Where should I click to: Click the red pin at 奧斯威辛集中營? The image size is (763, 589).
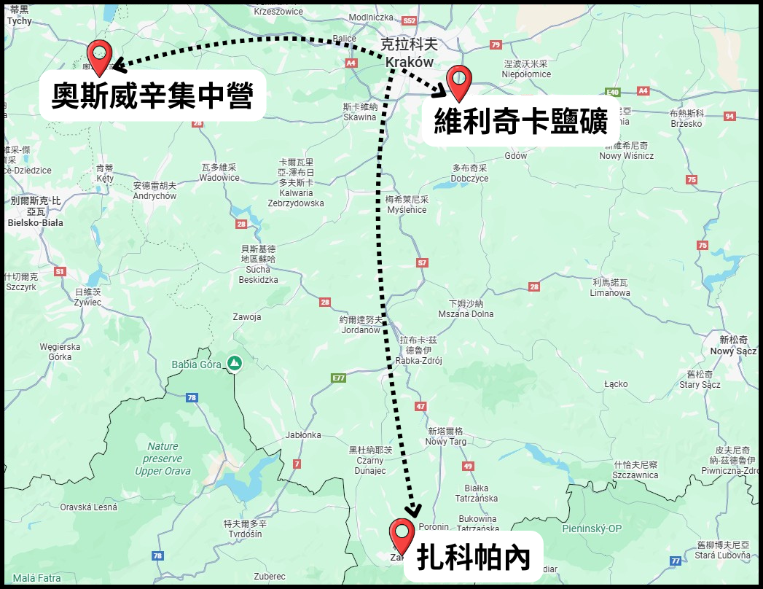[x=98, y=56]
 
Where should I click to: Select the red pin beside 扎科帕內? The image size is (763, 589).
[x=401, y=533]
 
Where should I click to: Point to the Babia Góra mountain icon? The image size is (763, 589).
[x=234, y=363]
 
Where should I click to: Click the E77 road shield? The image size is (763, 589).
[x=338, y=378]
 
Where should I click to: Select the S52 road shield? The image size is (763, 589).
[x=410, y=20]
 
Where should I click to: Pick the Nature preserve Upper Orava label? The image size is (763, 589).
[x=163, y=459]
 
